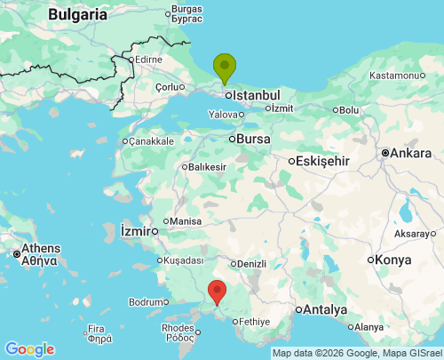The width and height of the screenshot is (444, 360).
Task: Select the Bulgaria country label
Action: [77, 14]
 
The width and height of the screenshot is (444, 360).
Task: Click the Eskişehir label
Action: [324, 161]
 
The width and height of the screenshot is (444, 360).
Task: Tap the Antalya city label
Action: [324, 310]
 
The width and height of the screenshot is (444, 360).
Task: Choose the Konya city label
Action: [393, 260]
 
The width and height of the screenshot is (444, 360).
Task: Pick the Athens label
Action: [40, 248]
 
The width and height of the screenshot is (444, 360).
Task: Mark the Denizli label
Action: [252, 264]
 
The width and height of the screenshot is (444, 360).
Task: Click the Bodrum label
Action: [147, 302]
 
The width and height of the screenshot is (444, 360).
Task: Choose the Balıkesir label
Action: [208, 166]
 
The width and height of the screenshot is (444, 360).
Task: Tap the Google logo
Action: [29, 349]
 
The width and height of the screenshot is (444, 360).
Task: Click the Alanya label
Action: [369, 327]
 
